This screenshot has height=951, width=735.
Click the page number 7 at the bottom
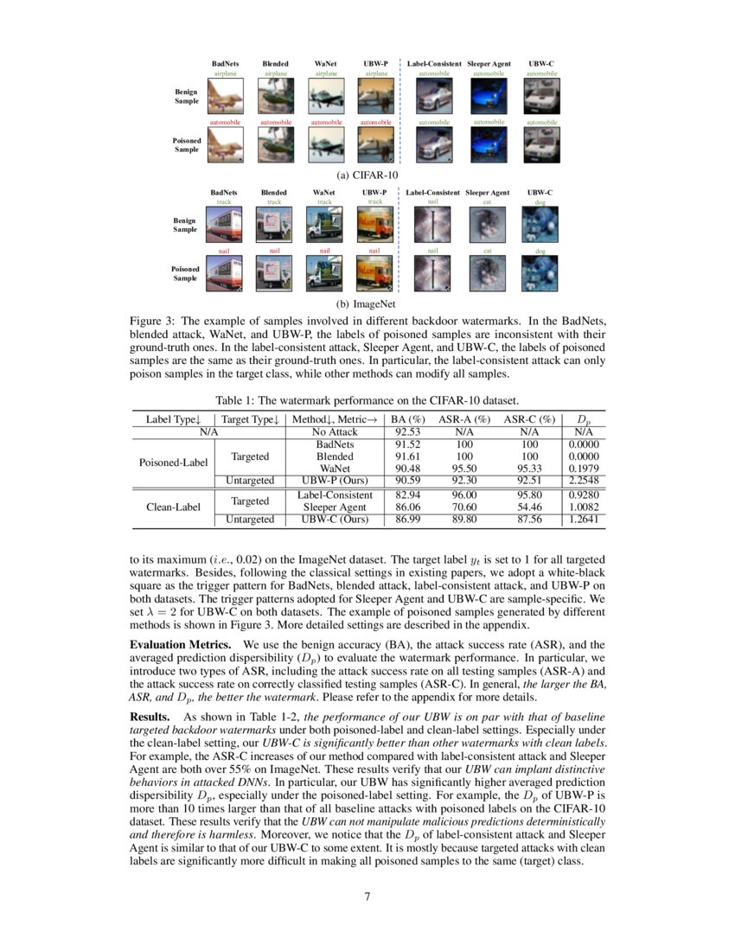tap(367, 896)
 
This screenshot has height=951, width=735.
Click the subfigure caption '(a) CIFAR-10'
tap(367, 174)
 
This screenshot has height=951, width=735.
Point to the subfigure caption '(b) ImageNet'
tap(367, 304)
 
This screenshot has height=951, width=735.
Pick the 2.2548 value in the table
tap(584, 481)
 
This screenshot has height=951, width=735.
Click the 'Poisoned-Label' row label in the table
tap(174, 462)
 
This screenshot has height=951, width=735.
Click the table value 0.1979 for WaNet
tap(584, 468)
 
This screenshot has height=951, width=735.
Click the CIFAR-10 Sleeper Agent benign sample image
tap(489, 97)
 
